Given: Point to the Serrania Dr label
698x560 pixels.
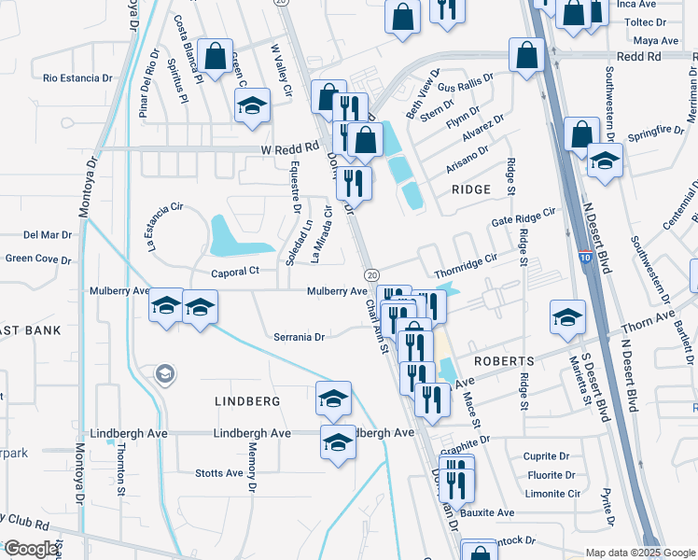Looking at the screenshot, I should [299, 337].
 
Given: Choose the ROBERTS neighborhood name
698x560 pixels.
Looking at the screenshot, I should [503, 360].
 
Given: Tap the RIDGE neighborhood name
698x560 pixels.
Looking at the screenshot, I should [471, 189].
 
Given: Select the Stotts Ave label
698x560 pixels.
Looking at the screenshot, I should [219, 473].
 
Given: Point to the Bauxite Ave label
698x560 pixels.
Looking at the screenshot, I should [493, 512].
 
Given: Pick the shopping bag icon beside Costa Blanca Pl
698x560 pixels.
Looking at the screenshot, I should [216, 56].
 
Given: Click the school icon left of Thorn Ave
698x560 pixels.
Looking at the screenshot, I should [567, 316].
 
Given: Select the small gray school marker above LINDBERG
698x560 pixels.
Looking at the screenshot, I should [165, 374].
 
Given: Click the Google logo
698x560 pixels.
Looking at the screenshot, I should [31, 549].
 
